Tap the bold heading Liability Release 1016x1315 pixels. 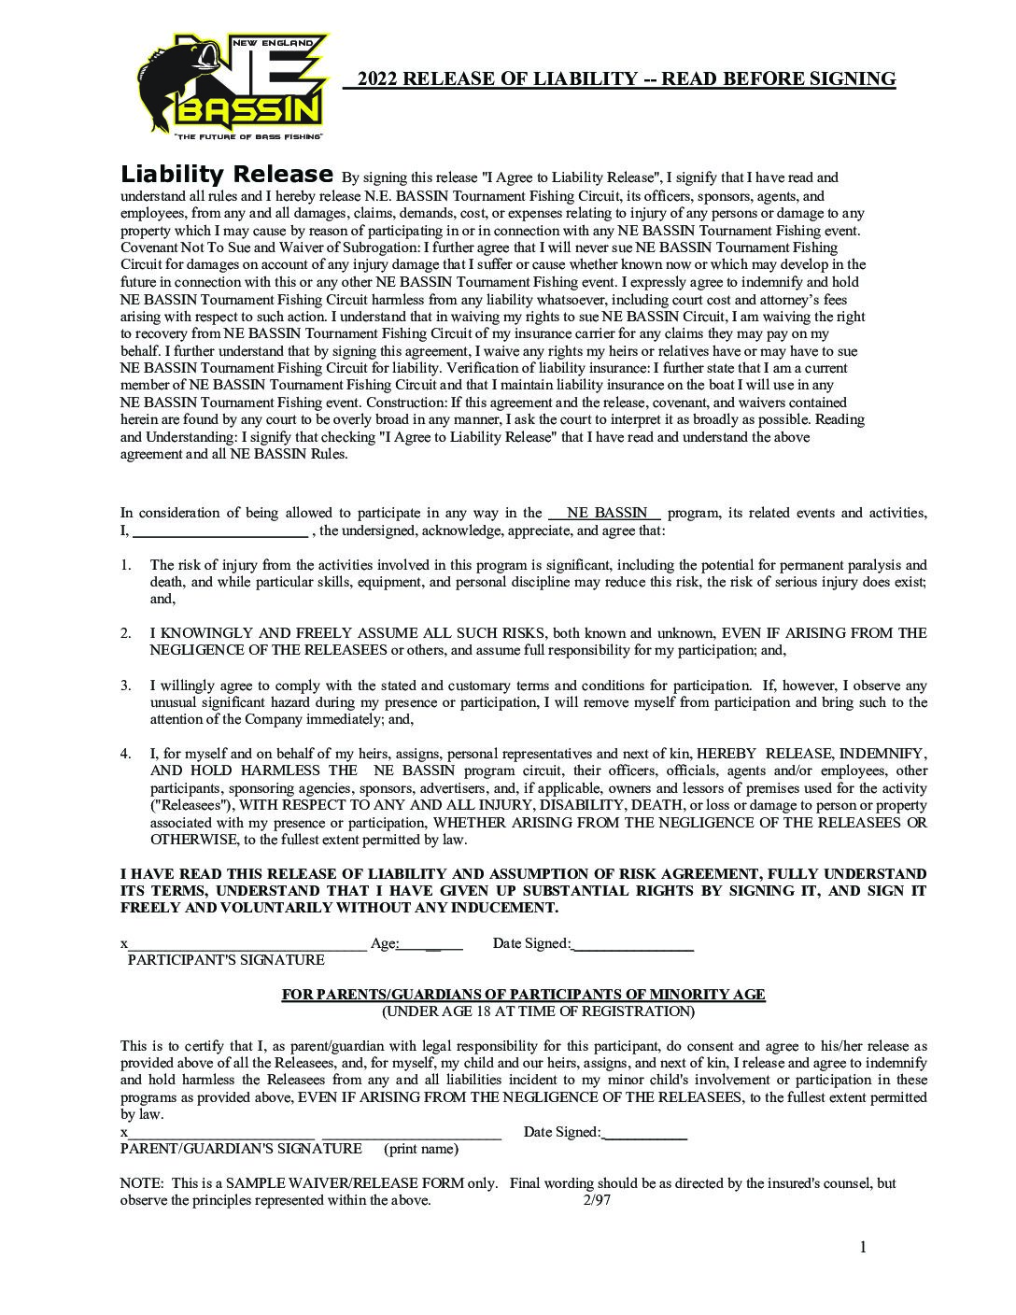pyautogui.click(x=227, y=175)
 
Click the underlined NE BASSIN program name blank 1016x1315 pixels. pyautogui.click(x=606, y=513)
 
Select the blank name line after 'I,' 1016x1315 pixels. pyautogui.click(x=220, y=531)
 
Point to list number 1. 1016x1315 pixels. pyautogui.click(x=125, y=565)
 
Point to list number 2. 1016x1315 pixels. pyautogui.click(x=125, y=633)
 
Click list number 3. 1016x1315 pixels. pyautogui.click(x=125, y=686)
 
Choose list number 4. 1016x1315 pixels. pyautogui.click(x=125, y=754)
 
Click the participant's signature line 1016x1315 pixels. pyautogui.click(x=247, y=944)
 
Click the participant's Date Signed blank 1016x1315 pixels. pyautogui.click(x=632, y=944)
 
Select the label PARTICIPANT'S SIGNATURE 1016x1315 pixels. pyautogui.click(x=226, y=960)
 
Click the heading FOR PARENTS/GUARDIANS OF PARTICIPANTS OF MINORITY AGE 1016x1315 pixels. pyautogui.click(x=523, y=995)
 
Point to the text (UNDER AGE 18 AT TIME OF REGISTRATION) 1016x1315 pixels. pyautogui.click(x=538, y=1011)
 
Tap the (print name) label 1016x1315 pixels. pyautogui.click(x=421, y=1149)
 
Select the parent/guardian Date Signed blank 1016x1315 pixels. pyautogui.click(x=646, y=1133)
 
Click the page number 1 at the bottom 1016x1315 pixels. pyautogui.click(x=863, y=1247)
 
